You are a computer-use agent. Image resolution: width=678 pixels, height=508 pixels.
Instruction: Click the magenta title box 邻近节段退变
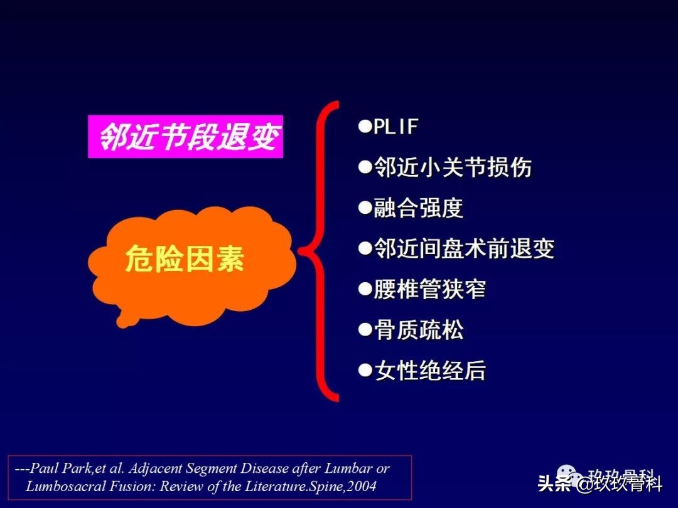click(185, 136)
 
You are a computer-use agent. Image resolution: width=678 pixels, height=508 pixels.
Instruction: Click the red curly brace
click(320, 251)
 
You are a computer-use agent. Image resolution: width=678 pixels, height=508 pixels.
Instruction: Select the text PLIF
click(395, 127)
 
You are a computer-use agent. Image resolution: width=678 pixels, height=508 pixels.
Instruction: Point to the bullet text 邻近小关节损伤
click(453, 167)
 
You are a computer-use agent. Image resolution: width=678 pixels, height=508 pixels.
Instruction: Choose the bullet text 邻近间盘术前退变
click(464, 249)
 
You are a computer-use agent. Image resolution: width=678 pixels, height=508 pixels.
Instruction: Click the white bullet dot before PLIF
click(365, 127)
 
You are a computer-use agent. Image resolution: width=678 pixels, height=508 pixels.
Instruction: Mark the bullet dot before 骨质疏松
click(365, 330)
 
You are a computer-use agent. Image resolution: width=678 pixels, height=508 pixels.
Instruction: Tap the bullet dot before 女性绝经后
click(365, 371)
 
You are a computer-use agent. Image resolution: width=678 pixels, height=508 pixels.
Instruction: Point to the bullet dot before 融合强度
click(365, 208)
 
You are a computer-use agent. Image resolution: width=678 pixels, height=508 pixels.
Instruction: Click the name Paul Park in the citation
click(62, 468)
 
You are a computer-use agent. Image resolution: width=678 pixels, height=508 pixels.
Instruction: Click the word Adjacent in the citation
click(153, 468)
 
